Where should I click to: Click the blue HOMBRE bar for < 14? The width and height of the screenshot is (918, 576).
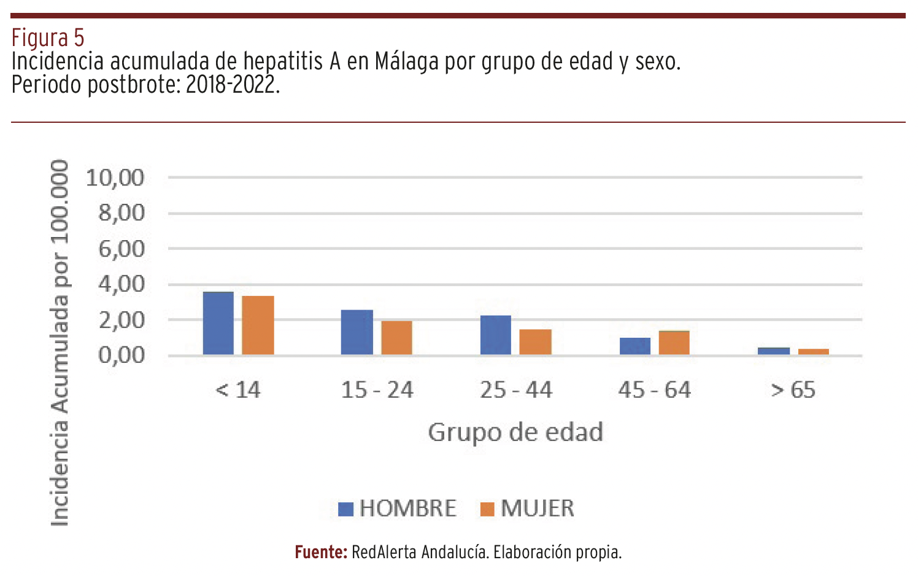[218, 323]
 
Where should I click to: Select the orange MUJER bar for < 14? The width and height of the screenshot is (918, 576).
[258, 325]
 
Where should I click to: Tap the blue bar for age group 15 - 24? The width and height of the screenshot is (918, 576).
[357, 332]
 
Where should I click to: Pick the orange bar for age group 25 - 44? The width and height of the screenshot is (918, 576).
[535, 342]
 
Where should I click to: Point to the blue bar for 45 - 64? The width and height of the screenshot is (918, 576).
[635, 346]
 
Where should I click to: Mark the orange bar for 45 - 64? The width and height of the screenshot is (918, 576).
[674, 343]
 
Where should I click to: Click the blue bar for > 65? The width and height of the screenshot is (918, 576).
[774, 351]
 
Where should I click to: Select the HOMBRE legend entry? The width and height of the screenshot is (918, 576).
[398, 508]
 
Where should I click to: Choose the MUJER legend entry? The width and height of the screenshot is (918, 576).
[527, 508]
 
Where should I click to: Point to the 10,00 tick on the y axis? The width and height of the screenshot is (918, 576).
[115, 178]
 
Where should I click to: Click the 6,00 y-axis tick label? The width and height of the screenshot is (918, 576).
[121, 249]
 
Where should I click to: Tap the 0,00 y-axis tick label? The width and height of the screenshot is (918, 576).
[121, 355]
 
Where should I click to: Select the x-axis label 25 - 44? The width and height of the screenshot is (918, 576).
[516, 390]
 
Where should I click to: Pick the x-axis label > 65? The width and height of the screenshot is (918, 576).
[793, 390]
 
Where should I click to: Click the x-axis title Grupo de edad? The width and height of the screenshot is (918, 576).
[515, 432]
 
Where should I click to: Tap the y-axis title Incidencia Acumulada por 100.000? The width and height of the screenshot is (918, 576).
[60, 343]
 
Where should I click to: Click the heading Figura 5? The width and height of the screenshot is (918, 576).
[48, 38]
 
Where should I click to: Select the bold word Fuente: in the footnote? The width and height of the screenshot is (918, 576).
[321, 552]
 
